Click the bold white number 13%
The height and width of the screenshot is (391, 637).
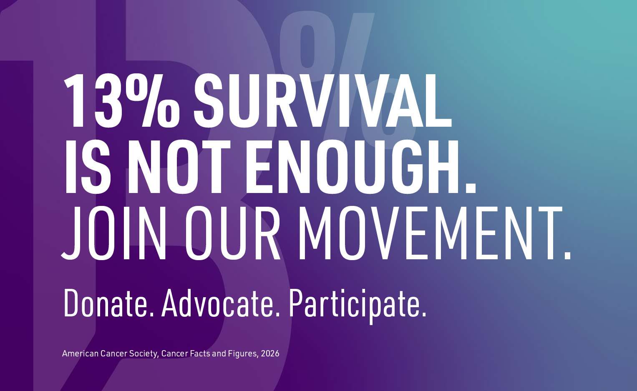(121, 101)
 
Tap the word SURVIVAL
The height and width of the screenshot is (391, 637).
(322, 101)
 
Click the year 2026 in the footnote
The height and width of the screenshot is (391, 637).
(270, 354)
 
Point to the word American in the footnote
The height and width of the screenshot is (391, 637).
(81, 354)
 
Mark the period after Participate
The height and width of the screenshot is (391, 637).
(424, 314)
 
